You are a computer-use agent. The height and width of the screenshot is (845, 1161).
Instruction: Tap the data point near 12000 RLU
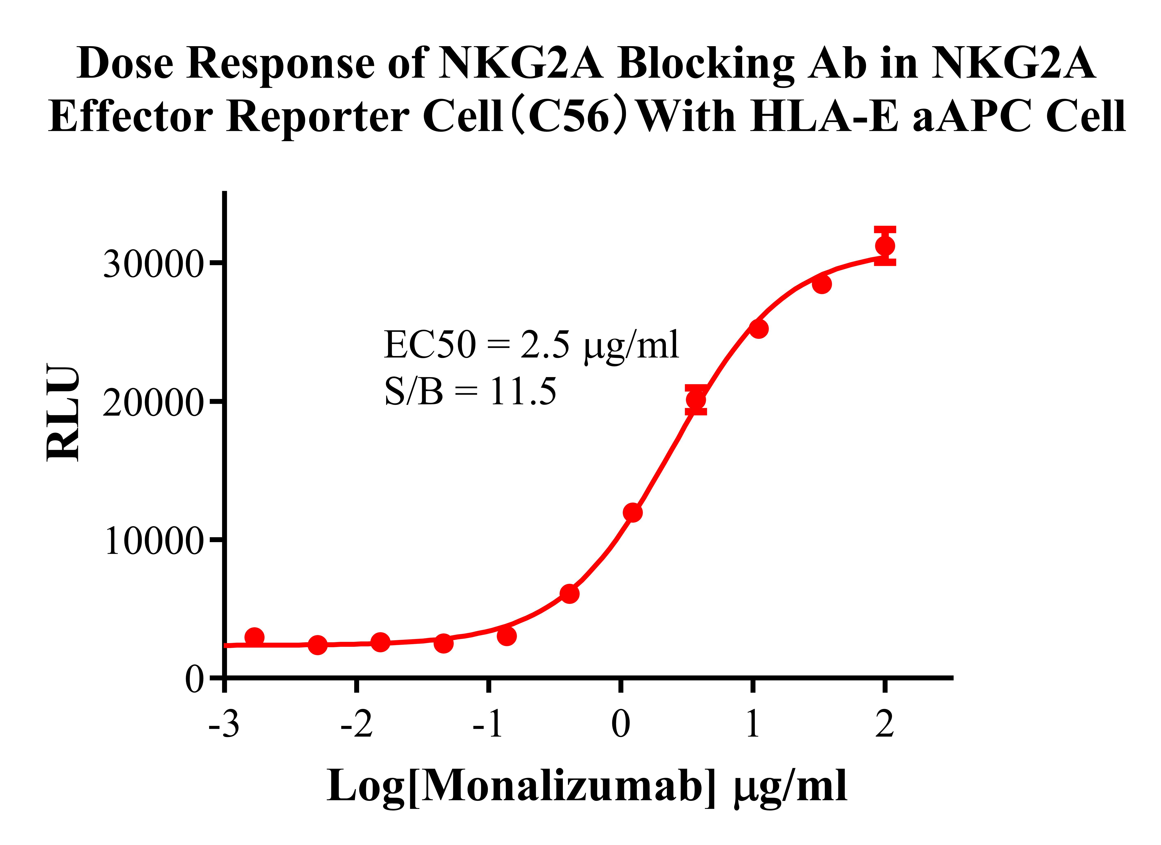coord(633,512)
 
